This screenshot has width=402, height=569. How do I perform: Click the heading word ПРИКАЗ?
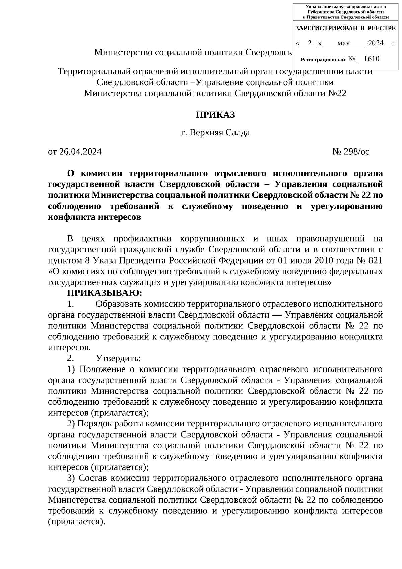[215, 115]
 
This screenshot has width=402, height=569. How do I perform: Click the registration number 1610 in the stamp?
[371, 59]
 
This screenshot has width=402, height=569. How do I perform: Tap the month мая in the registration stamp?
[344, 43]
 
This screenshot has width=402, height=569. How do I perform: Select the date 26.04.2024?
[80, 152]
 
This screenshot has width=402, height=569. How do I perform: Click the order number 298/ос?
[356, 152]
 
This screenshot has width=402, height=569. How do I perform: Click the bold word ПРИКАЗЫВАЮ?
[105, 293]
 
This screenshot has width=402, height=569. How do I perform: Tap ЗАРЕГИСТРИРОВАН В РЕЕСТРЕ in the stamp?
[345, 29]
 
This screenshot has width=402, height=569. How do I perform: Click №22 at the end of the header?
[337, 93]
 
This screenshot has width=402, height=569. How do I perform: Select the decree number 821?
[376, 261]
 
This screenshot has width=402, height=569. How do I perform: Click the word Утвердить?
[118, 358]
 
